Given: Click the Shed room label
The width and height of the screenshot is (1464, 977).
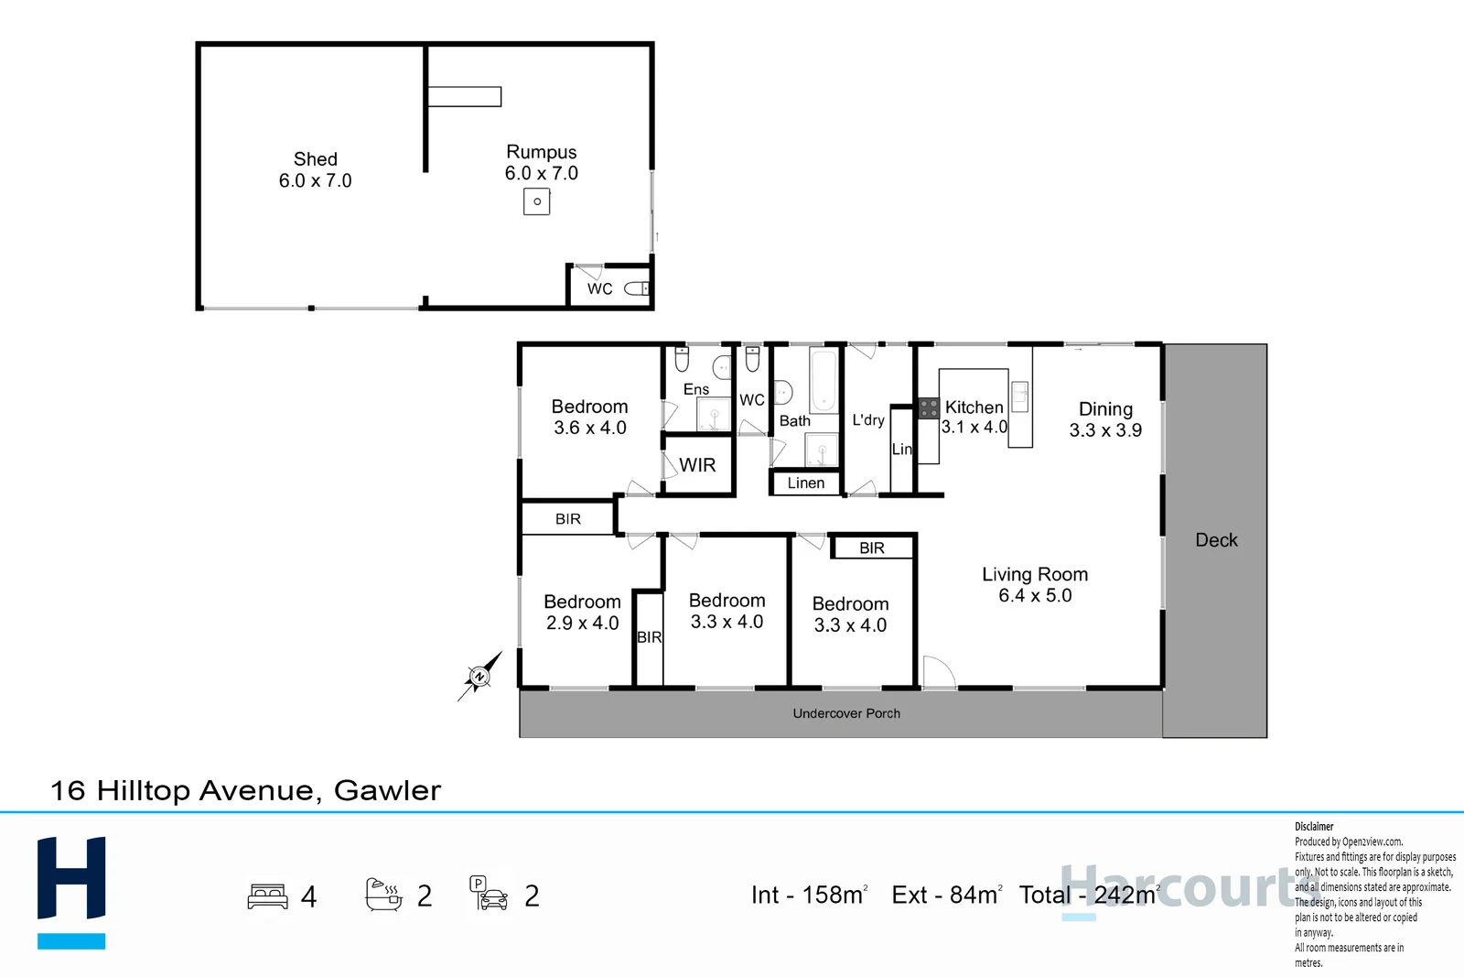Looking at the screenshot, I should coord(315,159).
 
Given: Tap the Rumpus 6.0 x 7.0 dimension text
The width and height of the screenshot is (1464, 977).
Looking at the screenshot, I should coord(541,173).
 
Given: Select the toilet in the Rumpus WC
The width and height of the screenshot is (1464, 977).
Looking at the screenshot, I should coord(637,289).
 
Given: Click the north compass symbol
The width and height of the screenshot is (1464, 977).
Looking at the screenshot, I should coord(479,677).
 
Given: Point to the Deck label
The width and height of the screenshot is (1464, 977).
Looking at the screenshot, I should coord(1216,540).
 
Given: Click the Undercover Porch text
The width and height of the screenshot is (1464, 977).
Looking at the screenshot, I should coord(846,713).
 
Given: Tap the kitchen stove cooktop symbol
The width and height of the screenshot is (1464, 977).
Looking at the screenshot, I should coord(929,408).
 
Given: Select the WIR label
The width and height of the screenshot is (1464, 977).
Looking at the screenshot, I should coord(697,465).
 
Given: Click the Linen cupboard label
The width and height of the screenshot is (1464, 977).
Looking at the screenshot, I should coord(805,483).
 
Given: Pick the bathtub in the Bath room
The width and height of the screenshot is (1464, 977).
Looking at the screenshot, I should coord(823,380).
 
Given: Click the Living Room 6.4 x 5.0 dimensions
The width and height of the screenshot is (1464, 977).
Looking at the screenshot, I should coord(1035,596).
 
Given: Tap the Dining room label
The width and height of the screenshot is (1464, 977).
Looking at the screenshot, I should coord(1105,409).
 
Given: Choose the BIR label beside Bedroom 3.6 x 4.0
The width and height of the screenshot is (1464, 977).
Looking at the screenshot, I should coord(568,519).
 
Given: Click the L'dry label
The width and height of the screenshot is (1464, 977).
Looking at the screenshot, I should coord(868,419).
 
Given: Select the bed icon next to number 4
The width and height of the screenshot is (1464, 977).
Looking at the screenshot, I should coord(267,896).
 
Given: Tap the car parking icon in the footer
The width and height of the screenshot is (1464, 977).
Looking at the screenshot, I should coord(489,895).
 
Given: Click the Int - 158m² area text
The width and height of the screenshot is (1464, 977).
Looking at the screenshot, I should coord(809,895).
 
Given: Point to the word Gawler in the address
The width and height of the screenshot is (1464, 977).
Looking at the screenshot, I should coord(387,790).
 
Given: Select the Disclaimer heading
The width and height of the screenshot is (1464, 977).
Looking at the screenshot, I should coord(1314,826).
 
